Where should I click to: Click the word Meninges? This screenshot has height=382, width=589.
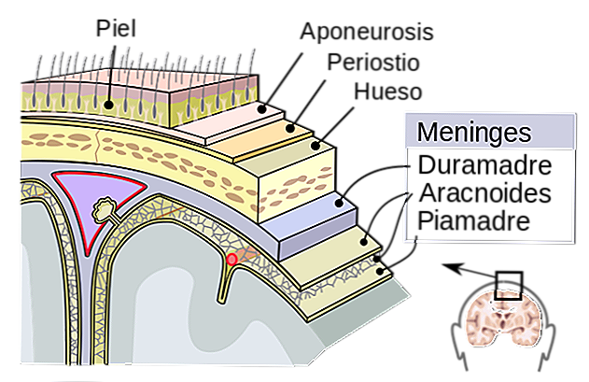pyautogui.click(x=473, y=132)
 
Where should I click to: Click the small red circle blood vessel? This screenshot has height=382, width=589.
pyautogui.click(x=231, y=259)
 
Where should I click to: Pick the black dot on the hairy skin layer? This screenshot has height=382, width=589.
pyautogui.click(x=109, y=105)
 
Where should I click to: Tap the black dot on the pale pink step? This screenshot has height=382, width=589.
pyautogui.click(x=263, y=110)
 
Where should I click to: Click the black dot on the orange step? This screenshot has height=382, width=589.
pyautogui.click(x=290, y=128)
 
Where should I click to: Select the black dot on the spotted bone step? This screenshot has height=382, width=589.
pyautogui.click(x=316, y=145)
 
